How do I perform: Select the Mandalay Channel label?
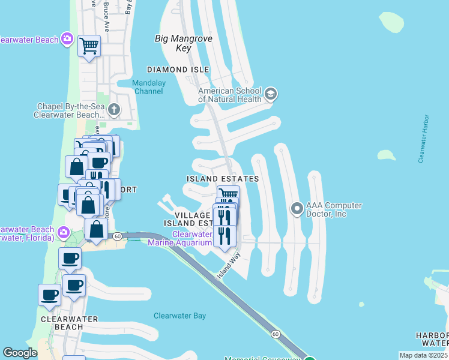pos(148,87)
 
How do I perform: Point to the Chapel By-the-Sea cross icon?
pos(115,110)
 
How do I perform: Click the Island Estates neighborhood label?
pos(223,179)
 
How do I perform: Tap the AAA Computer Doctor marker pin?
pos(297,209)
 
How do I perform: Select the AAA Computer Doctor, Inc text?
pos(334,209)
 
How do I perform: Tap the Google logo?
pos(20,353)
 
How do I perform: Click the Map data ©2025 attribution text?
pos(423,355)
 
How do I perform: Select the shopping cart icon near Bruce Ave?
pos(89,45)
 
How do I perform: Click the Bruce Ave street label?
pos(106,8)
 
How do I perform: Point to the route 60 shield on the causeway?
pos(275,334)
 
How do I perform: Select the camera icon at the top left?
pos(67,40)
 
